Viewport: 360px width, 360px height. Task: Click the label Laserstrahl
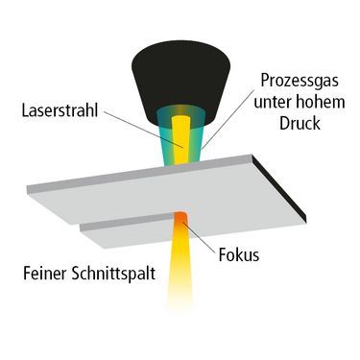(x=60, y=110)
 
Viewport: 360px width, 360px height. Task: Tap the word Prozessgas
(x=300, y=81)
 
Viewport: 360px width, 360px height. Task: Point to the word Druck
(x=300, y=123)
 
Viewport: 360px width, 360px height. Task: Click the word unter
(x=273, y=103)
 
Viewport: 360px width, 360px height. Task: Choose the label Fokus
(x=239, y=255)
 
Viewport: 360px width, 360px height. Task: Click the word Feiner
(x=45, y=274)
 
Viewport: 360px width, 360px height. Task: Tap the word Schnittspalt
(x=113, y=275)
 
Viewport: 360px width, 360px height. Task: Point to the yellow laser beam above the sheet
(x=180, y=141)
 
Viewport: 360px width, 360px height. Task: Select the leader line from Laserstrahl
(x=143, y=130)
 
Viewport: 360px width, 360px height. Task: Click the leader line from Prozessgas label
(x=228, y=118)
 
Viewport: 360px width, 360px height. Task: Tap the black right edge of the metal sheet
(x=279, y=188)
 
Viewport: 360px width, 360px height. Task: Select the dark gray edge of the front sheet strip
(x=128, y=223)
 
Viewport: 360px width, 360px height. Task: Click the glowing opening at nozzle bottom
(x=181, y=112)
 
